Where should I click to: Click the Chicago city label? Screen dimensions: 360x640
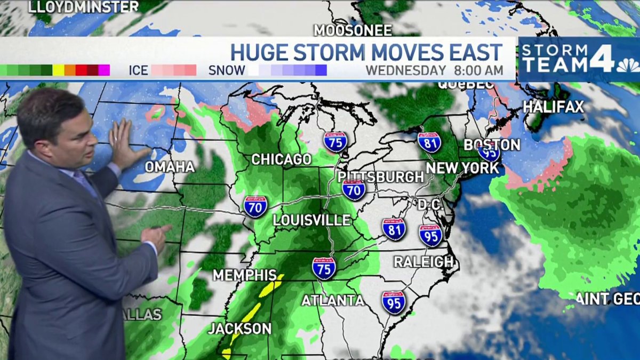pyautogui.click(x=281, y=159)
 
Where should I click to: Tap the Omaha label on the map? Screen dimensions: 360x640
pyautogui.click(x=170, y=167)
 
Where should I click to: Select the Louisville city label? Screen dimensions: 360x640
pyautogui.click(x=311, y=220)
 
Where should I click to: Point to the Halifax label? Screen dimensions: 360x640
pyautogui.click(x=553, y=107)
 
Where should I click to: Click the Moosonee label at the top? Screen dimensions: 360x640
pyautogui.click(x=353, y=30)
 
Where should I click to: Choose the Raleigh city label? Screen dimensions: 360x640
pyautogui.click(x=423, y=262)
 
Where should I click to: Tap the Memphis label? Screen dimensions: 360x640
pyautogui.click(x=245, y=275)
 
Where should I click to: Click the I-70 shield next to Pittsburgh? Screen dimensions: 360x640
pyautogui.click(x=354, y=190)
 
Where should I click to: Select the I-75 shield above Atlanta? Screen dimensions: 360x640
pyautogui.click(x=324, y=268)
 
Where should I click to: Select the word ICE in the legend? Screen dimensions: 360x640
pyautogui.click(x=138, y=70)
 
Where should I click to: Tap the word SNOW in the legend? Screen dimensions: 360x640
pyautogui.click(x=227, y=70)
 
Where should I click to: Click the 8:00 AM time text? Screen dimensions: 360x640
pyautogui.click(x=478, y=70)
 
